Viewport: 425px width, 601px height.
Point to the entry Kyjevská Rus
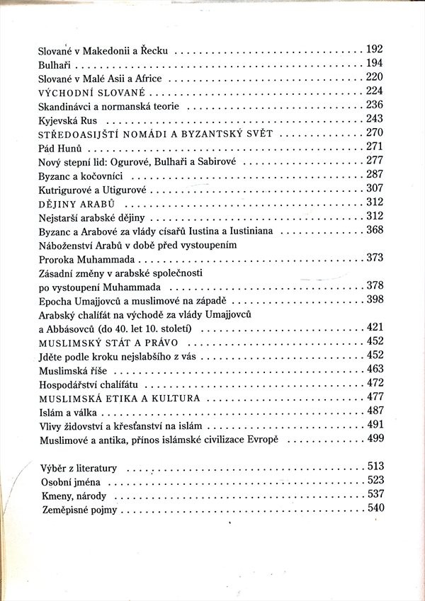pyautogui.click(x=67, y=120)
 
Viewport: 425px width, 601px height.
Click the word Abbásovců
pyautogui.click(x=74, y=327)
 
